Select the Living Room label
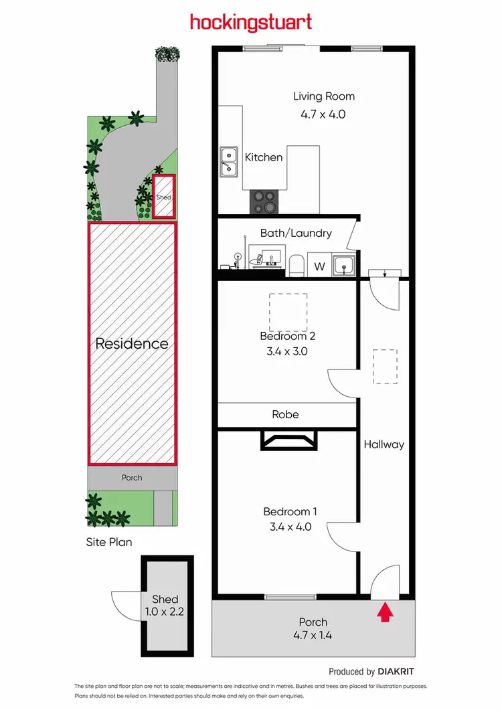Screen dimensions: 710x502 click(x=324, y=96)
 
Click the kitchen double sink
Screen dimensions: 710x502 click(x=230, y=162)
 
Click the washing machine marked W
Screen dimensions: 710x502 click(x=320, y=266)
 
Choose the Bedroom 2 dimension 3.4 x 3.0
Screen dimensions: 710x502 click(x=287, y=351)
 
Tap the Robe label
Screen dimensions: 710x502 click(x=285, y=414)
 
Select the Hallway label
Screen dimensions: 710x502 click(x=384, y=444)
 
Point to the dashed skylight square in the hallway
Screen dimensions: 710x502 click(x=385, y=366)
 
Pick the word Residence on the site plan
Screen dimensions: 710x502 click(x=132, y=343)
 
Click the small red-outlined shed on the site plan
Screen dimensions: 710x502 click(x=164, y=196)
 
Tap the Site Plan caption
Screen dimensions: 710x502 click(x=109, y=541)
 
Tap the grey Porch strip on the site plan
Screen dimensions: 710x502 click(x=132, y=478)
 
